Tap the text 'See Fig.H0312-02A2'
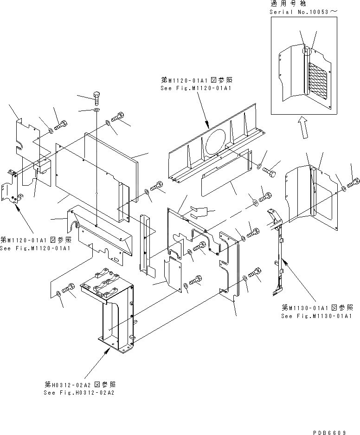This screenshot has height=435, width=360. pos(79,392)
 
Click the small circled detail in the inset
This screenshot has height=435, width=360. pos(306,50)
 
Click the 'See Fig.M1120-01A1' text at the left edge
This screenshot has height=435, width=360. pos(35,247)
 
